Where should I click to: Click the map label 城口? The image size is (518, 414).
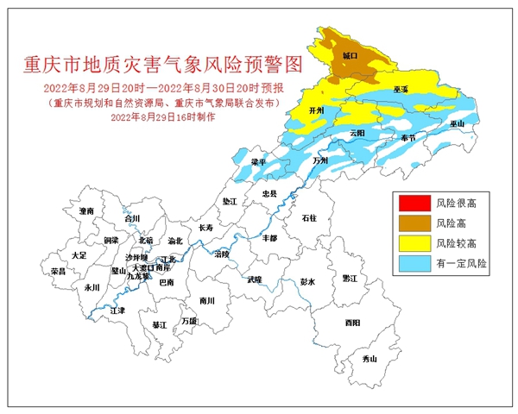pyautogui.click(x=350, y=55)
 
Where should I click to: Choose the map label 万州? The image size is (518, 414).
pyautogui.click(x=321, y=160)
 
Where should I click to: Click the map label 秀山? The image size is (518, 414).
pyautogui.click(x=370, y=358)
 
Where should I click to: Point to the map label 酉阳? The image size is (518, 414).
pyautogui.click(x=352, y=323)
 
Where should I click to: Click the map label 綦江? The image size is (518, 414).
pyautogui.click(x=159, y=325)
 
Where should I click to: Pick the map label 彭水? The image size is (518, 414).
pyautogui.click(x=308, y=282)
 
